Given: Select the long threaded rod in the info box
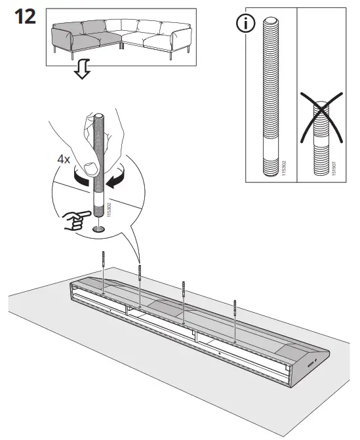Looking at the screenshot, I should click(x=270, y=98).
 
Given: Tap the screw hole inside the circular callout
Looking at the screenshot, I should click(x=99, y=228).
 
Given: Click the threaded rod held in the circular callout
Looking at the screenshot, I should click(x=99, y=170).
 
